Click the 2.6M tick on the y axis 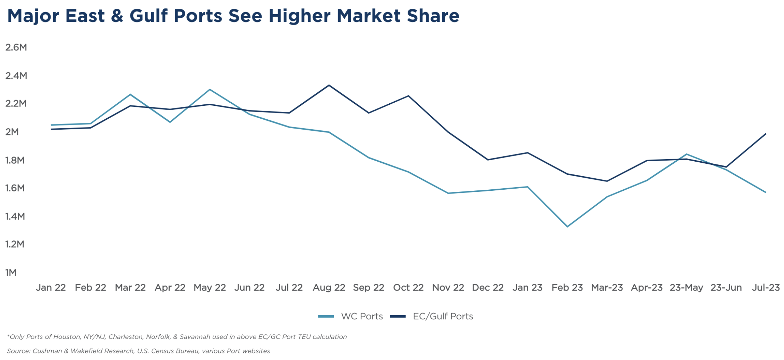(16, 48)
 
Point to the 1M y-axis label (11, 273)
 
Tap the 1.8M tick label (15, 160)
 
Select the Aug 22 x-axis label (329, 288)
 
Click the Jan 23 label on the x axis (527, 288)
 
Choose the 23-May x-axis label (686, 288)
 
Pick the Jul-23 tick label (766, 288)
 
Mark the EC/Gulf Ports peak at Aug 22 (329, 85)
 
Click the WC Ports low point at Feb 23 (567, 226)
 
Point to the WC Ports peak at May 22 (210, 89)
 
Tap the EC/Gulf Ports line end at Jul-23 (766, 134)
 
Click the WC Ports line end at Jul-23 (766, 192)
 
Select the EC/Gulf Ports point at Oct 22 (408, 96)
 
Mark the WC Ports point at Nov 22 (448, 193)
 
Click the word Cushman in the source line (47, 351)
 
